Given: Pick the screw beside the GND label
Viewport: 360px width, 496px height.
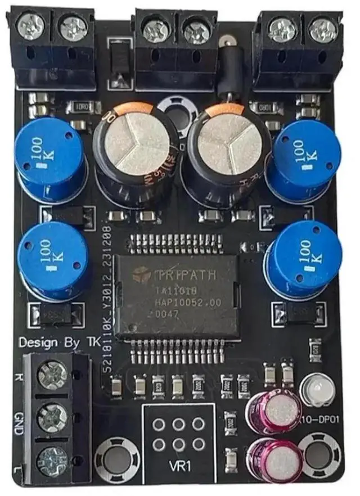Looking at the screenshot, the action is point(52,418).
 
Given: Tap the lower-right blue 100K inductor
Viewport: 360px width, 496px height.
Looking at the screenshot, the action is point(306,256).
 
